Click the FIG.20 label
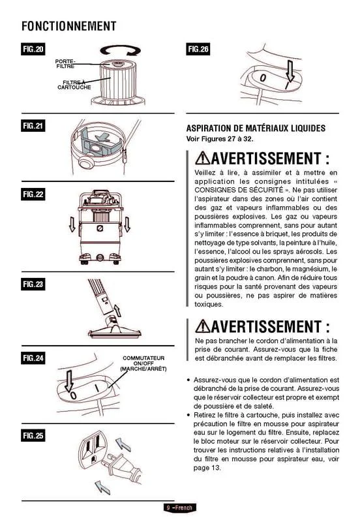coord(33,50)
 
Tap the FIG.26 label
coord(198,50)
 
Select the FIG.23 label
coord(33,284)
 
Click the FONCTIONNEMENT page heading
coord(69,26)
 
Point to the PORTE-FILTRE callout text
coord(65,64)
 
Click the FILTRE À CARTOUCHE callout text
coord(74,85)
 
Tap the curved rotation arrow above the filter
coord(121,51)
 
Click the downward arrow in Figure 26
coord(290,71)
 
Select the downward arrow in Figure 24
coord(69,381)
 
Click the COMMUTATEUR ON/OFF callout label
coord(143,363)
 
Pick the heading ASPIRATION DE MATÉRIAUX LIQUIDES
coord(256,128)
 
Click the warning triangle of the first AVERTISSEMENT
coord(203,158)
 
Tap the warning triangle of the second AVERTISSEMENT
coord(203,326)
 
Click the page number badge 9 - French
coord(179,508)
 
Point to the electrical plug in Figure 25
coord(121,466)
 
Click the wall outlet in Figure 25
coord(91,450)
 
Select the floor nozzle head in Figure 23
coord(115,330)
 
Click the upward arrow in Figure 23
coord(117,311)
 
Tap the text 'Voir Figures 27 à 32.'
coord(220,139)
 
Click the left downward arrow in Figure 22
coord(72,224)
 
